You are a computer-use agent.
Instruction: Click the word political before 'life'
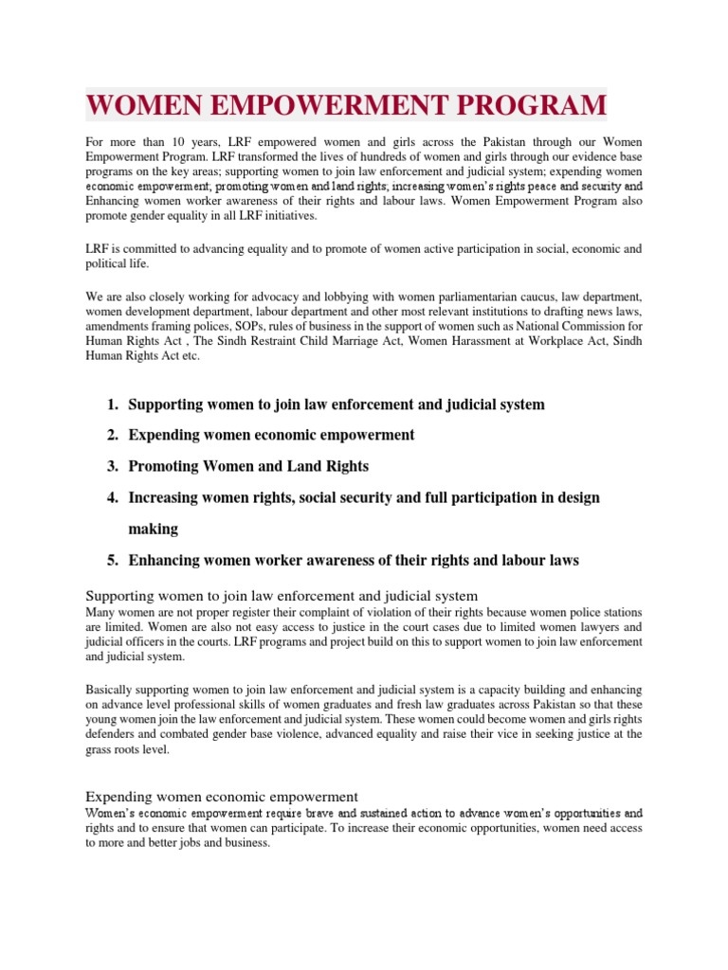coord(107,264)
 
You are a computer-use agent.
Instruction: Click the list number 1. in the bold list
coord(112,404)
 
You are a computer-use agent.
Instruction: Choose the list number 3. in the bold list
coord(112,466)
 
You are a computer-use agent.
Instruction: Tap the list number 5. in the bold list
coord(112,560)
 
